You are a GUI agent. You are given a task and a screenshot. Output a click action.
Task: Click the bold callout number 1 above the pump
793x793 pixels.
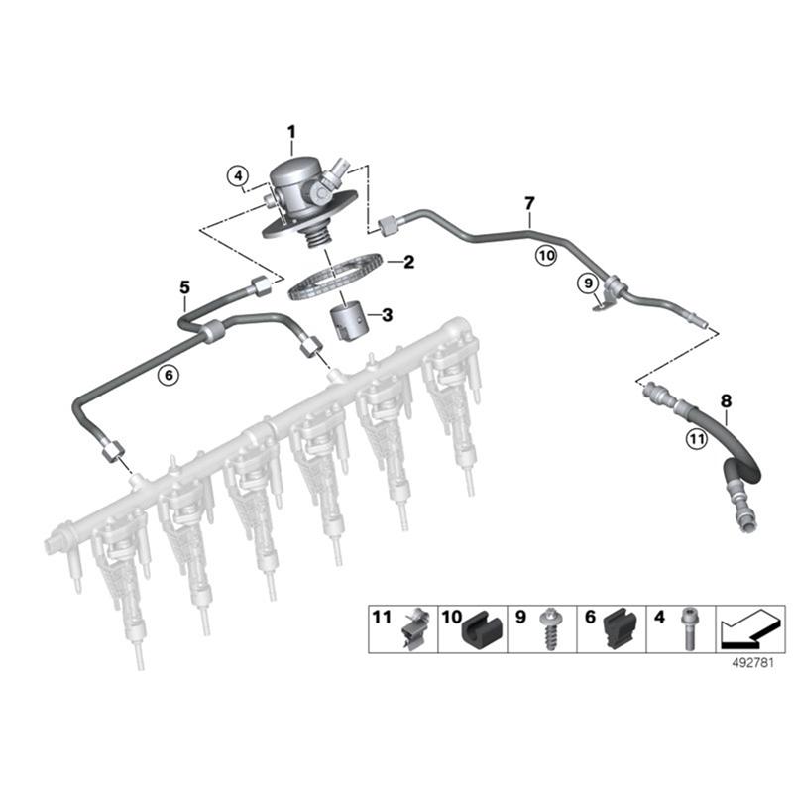(291, 132)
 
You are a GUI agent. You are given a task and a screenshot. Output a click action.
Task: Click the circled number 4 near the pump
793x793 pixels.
(238, 176)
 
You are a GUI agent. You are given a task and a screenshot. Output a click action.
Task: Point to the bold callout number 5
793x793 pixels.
(185, 287)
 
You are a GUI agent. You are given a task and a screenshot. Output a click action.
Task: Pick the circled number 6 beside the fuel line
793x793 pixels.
(169, 375)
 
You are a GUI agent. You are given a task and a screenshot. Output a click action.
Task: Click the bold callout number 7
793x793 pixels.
(529, 204)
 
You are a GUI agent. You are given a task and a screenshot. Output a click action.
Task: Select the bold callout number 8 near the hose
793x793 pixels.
(726, 401)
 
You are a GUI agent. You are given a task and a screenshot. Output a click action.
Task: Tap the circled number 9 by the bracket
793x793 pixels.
(588, 283)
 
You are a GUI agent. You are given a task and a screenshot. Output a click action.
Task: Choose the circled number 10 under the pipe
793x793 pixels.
(546, 256)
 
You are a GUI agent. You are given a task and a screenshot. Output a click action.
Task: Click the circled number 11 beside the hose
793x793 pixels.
(697, 438)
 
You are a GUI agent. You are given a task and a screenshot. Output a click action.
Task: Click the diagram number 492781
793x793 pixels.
(753, 662)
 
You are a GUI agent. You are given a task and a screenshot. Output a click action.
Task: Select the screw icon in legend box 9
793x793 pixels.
(549, 629)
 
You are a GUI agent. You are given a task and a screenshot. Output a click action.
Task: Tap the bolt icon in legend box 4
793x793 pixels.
(689, 628)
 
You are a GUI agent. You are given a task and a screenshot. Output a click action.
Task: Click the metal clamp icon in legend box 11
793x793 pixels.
(414, 628)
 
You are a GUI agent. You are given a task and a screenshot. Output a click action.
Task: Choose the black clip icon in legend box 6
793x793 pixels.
(622, 629)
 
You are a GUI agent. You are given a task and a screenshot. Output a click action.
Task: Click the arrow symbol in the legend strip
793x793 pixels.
(749, 629)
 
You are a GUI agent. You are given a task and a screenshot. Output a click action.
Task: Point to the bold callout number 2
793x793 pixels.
(408, 262)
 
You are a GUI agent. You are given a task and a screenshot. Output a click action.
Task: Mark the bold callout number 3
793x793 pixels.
(388, 315)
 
